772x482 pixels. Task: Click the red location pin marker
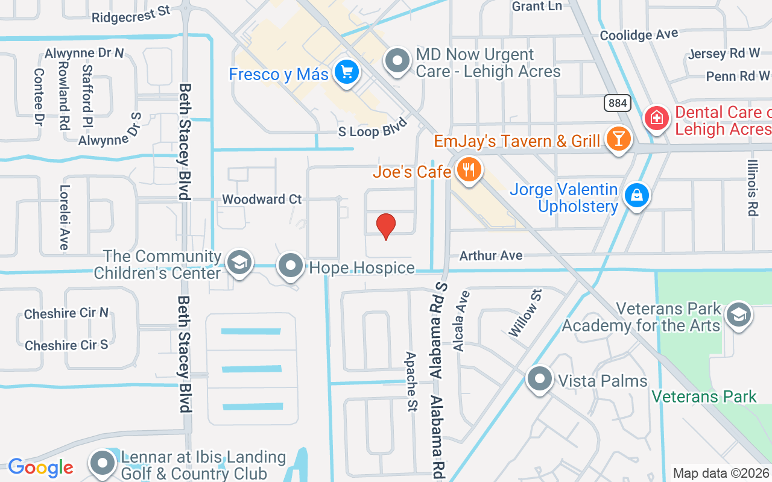tap(386, 227)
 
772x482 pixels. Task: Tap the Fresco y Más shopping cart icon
tap(346, 73)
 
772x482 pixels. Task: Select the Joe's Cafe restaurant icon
tap(468, 171)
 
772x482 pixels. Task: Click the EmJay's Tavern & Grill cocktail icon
tap(618, 139)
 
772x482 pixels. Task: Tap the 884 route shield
tap(618, 103)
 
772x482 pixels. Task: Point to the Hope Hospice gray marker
tap(291, 266)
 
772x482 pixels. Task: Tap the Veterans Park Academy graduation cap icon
tap(739, 315)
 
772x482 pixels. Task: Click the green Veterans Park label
tap(704, 396)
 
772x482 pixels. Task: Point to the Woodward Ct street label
tap(262, 199)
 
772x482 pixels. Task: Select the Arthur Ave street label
tap(491, 255)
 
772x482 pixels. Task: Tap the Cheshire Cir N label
tap(66, 313)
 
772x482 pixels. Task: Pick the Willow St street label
tap(525, 312)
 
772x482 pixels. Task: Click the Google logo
tap(40, 467)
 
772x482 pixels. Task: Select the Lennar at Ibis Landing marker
tap(103, 463)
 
